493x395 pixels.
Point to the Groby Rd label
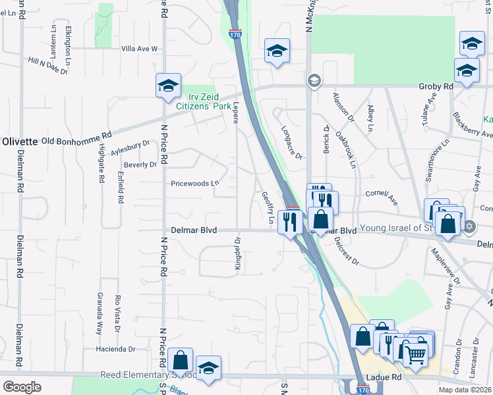pos(436,86)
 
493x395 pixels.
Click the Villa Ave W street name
pos(140,49)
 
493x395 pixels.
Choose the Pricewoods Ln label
pos(194,184)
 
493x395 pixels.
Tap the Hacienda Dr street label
pos(115,350)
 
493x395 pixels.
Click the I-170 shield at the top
pos(236,32)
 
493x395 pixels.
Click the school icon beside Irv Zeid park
pos(168,86)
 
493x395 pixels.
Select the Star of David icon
pos(469,227)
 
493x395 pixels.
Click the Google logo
pos(22,386)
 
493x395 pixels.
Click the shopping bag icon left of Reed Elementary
pos(180,360)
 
